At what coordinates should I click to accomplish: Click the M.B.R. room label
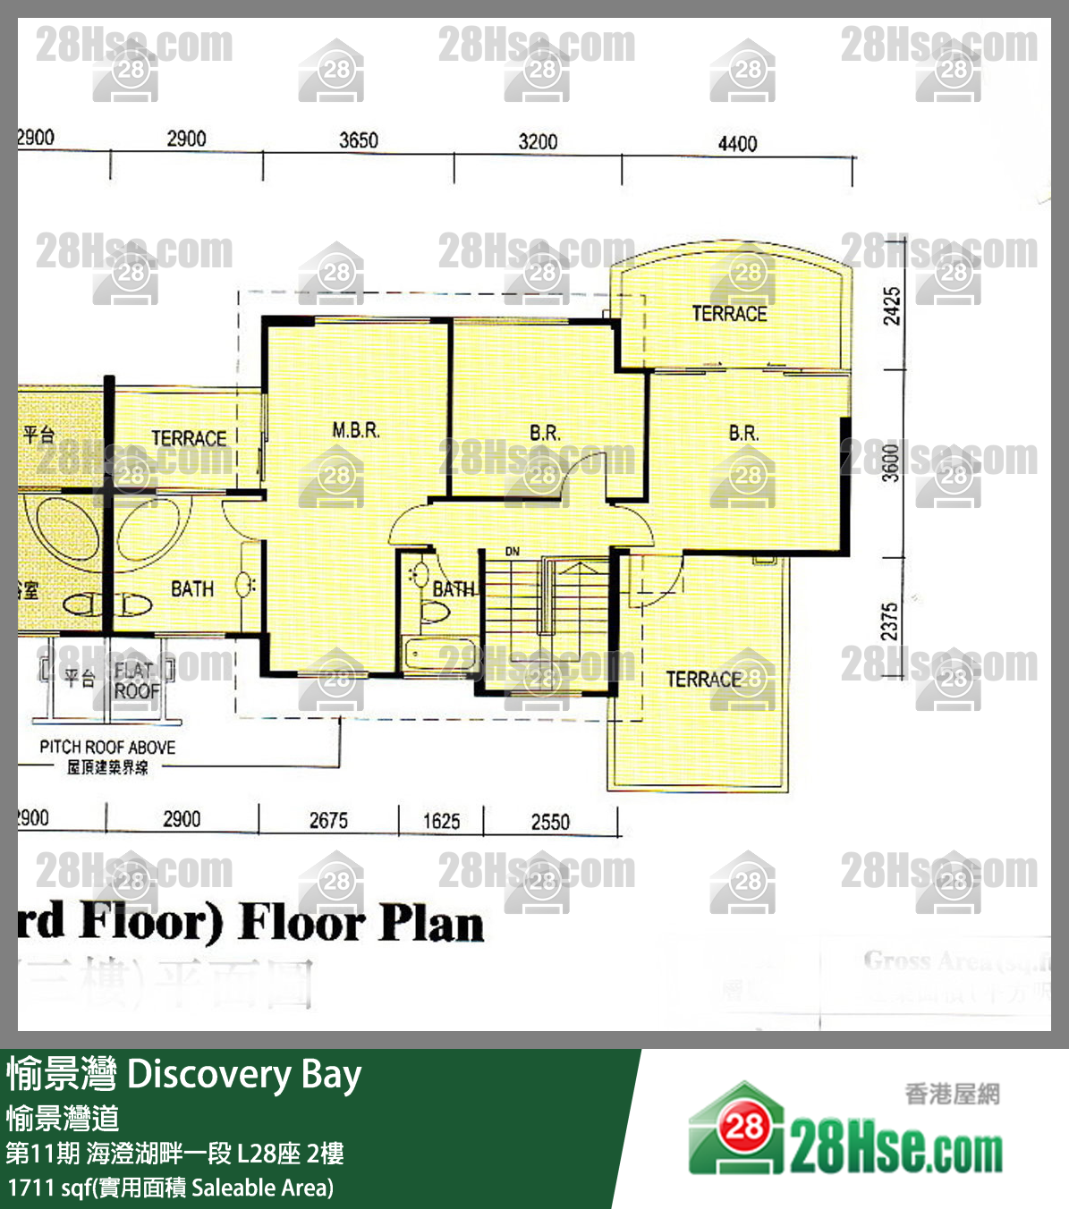click(x=356, y=430)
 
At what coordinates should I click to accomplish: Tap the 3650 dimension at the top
click(x=358, y=140)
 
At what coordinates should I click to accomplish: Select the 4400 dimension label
click(x=737, y=144)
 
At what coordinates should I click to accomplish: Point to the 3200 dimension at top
click(x=538, y=141)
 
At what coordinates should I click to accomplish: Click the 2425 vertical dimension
click(x=892, y=307)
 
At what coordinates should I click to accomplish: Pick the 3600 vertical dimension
click(x=891, y=463)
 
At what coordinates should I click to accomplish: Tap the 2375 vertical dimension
click(x=889, y=621)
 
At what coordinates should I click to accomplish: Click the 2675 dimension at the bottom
click(x=328, y=820)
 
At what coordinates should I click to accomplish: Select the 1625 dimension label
click(x=441, y=821)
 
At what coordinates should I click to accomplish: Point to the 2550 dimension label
click(x=550, y=822)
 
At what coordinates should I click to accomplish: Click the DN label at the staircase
click(x=512, y=552)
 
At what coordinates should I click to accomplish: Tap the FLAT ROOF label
click(x=136, y=681)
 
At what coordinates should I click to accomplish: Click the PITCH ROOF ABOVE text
click(x=107, y=747)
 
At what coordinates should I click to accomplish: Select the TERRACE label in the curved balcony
click(x=729, y=314)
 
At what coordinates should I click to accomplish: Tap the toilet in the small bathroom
click(x=435, y=612)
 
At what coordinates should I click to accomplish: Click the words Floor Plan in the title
click(x=362, y=923)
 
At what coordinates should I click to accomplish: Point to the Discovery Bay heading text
click(x=244, y=1074)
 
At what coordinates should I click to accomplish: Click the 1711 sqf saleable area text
click(x=170, y=1188)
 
